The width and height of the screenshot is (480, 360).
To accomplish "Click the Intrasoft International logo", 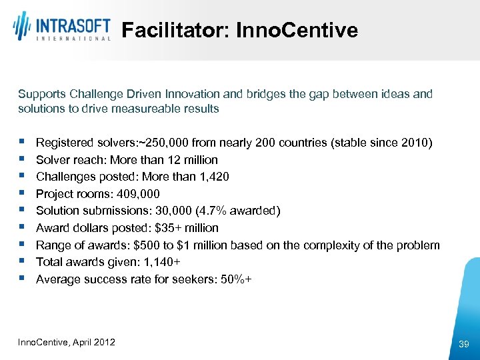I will pyautogui.click(x=61, y=28).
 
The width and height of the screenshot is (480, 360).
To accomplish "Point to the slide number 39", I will pyautogui.click(x=464, y=344).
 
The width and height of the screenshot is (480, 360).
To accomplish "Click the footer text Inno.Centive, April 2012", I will pyautogui.click(x=67, y=342).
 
